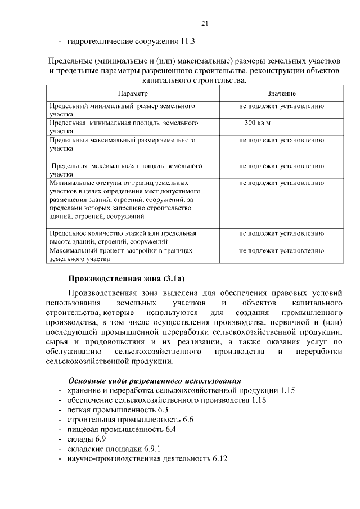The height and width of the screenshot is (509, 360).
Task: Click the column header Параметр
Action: pos(133,93)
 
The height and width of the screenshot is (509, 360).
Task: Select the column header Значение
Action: pos(281,93)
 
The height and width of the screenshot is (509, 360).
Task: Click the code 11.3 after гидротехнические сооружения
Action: pos(188,41)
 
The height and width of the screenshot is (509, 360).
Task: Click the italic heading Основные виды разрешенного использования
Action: pos(154,381)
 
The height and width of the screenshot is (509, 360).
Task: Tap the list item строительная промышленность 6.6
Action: pos(130,420)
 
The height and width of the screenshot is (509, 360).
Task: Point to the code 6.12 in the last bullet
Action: pos(220,459)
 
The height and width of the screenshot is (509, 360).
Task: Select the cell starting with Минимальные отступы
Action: pos(123,199)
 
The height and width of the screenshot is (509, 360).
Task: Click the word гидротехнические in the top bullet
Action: pos(100,41)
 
